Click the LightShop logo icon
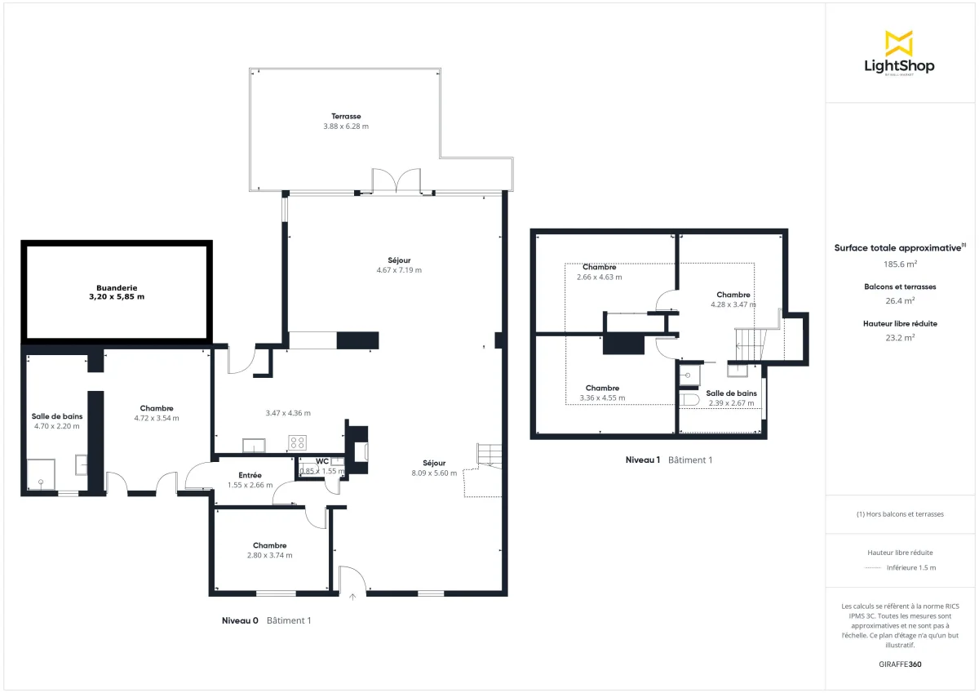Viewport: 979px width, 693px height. pos(899,42)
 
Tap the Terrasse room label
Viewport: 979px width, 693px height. pos(346,116)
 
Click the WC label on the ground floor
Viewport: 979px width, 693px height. pos(322,461)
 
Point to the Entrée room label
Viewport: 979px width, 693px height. pos(250,475)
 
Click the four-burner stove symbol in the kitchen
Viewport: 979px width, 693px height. pos(298,443)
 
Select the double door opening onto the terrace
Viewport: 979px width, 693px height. pos(396,181)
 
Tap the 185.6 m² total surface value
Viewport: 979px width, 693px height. pos(900,264)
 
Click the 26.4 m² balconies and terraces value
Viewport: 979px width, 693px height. pos(900,300)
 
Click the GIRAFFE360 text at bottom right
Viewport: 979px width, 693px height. pos(900,664)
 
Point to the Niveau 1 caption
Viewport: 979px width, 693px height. pos(642,460)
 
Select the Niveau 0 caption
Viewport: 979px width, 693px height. pos(240,620)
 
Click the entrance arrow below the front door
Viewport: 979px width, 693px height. pos(352,597)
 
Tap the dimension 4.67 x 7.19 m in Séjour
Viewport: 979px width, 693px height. pos(399,270)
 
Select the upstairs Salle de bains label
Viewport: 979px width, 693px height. pos(731,393)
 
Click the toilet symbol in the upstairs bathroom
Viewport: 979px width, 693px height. pos(687,398)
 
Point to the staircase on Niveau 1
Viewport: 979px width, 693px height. pos(748,341)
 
